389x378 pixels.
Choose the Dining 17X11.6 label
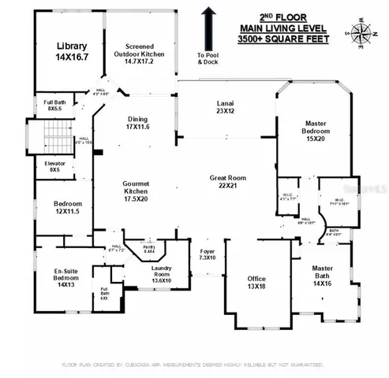pos(137,124)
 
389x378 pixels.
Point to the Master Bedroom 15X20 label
pos(322,130)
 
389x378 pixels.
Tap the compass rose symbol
pos(362,32)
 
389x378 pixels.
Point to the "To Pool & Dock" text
pos(208,60)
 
